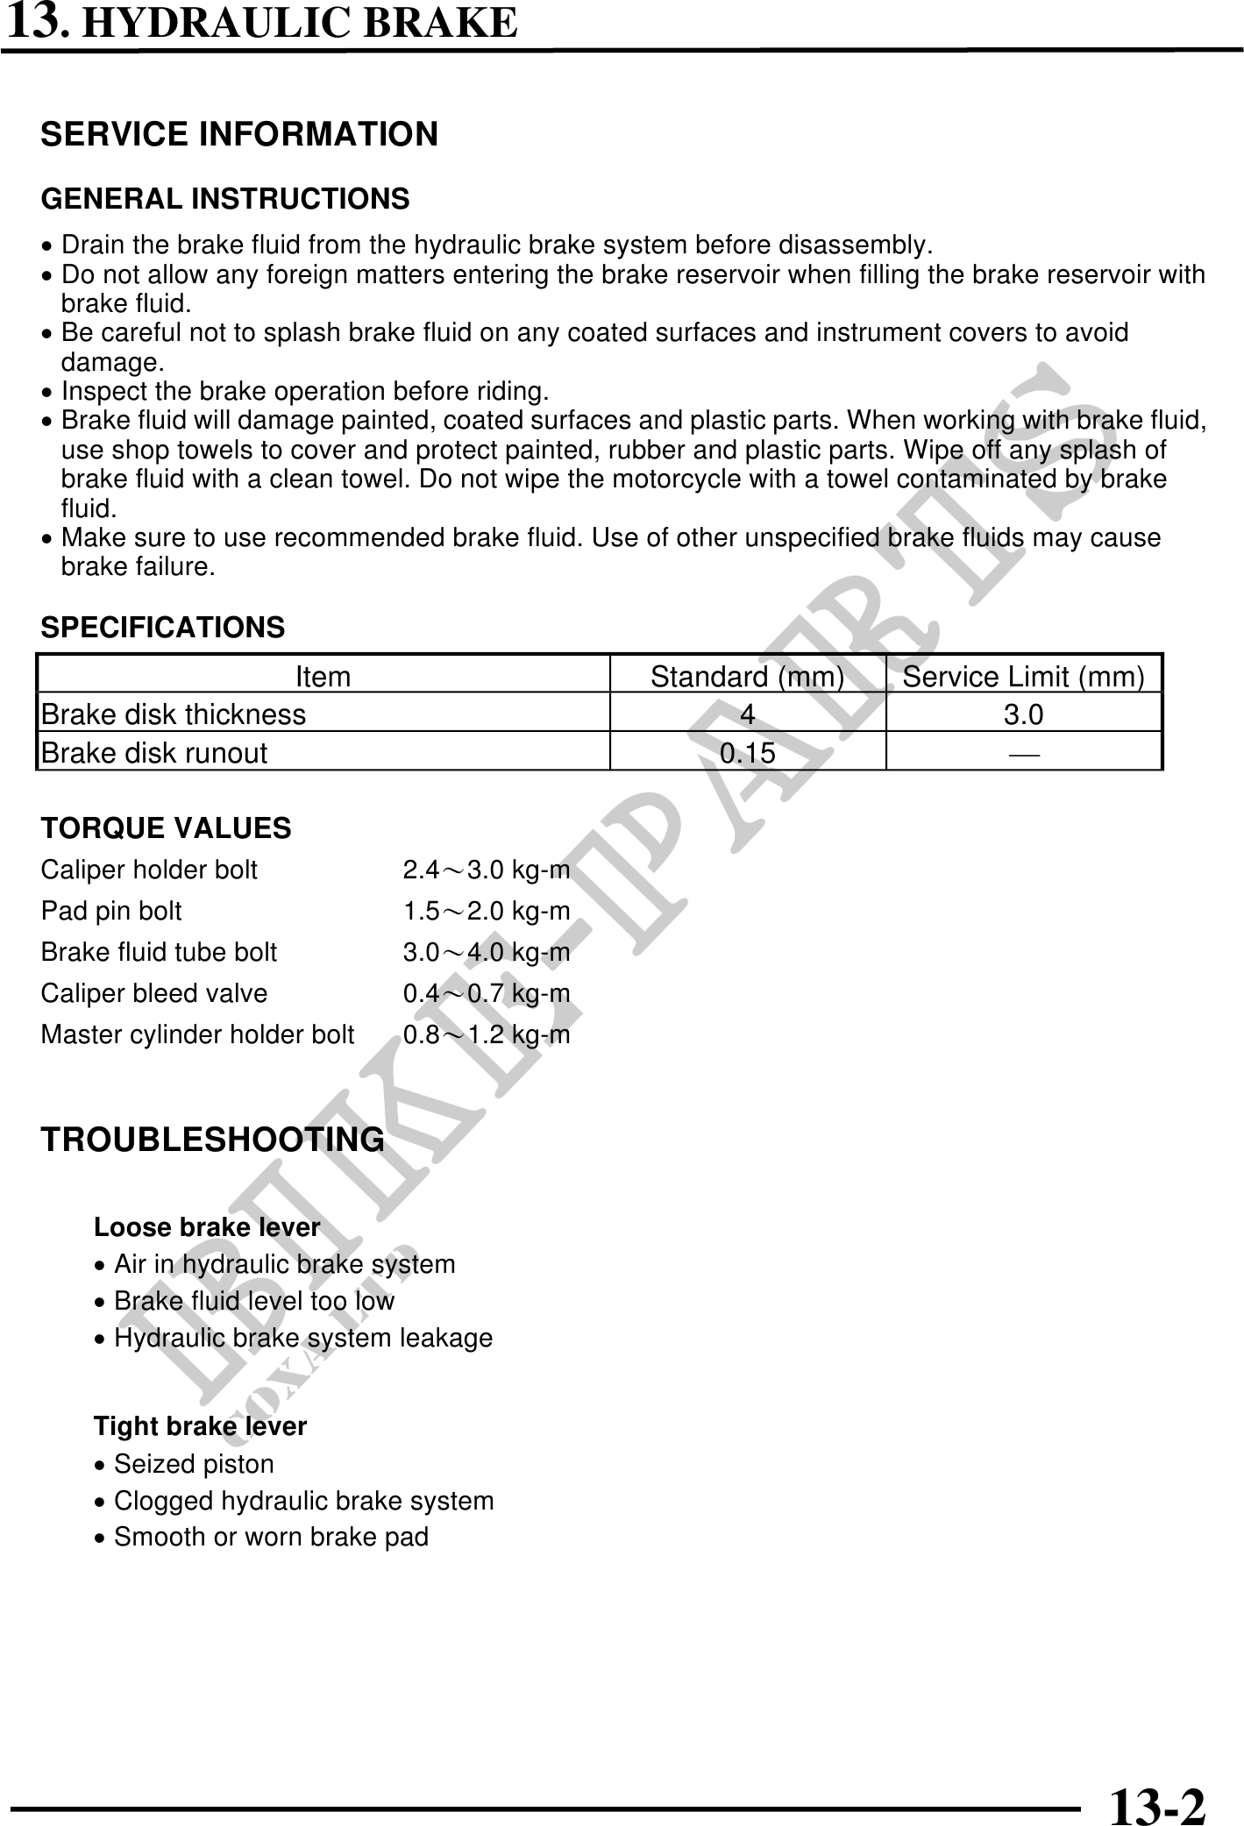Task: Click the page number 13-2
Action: [x=1156, y=1801]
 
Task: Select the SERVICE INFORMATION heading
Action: [x=239, y=135]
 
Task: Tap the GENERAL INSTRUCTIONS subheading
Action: [x=225, y=200]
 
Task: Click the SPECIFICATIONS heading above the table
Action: [x=163, y=628]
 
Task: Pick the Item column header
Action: [x=323, y=677]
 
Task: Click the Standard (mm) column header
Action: [x=747, y=677]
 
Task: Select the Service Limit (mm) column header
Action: [x=1023, y=677]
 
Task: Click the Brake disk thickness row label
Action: [x=174, y=715]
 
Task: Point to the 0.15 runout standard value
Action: [x=747, y=753]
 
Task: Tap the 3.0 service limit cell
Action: [x=1023, y=715]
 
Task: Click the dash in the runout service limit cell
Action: [x=1023, y=753]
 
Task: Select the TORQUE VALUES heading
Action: [x=167, y=828]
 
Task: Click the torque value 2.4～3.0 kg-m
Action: [x=487, y=870]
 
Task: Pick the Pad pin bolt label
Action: [x=111, y=912]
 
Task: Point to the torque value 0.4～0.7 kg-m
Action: [x=487, y=994]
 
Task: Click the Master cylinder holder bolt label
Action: [x=198, y=1035]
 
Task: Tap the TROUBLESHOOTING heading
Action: [x=213, y=1140]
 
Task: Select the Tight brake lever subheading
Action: [x=201, y=1427]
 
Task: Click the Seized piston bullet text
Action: [x=194, y=1465]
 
